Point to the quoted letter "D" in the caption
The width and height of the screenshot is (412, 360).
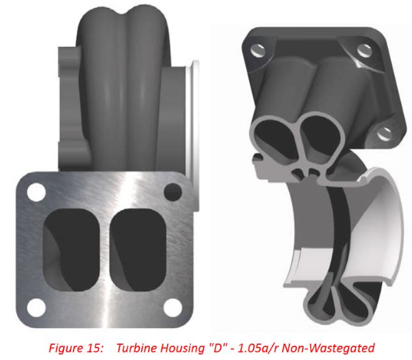pos(205,347)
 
